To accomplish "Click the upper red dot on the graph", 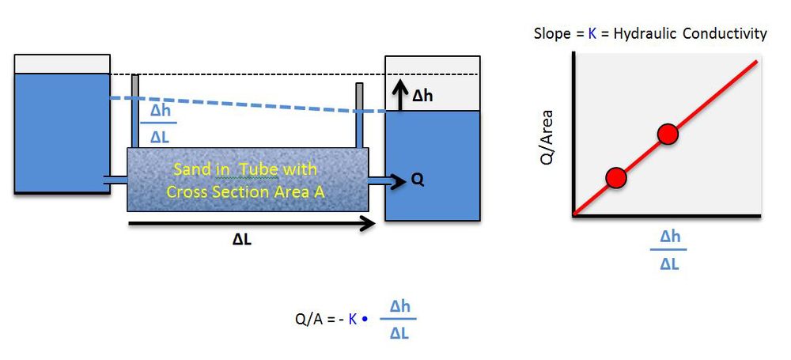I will coord(668,135).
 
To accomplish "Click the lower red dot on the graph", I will coord(615,178).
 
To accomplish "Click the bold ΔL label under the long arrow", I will coord(242,241).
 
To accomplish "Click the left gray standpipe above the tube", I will coord(135,111).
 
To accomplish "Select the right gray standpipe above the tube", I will coord(360,116).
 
